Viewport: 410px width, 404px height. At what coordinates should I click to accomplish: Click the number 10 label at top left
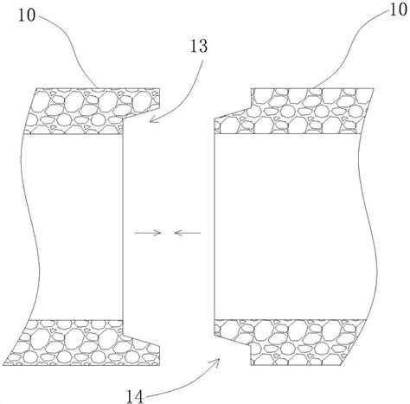[27, 16]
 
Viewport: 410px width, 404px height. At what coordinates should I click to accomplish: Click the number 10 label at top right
[398, 10]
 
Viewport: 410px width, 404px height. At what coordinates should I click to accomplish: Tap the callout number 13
[199, 46]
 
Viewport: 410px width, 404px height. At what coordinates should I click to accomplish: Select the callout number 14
[135, 396]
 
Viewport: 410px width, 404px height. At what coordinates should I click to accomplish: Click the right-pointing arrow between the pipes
[148, 233]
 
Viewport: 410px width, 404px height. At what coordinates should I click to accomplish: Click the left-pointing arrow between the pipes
[188, 233]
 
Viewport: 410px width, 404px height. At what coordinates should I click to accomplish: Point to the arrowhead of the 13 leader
[152, 120]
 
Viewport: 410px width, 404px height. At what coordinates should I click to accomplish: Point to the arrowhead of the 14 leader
[218, 361]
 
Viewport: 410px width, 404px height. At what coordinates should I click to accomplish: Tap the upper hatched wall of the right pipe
[291, 111]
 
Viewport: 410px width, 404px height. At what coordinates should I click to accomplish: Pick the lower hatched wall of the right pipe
[291, 343]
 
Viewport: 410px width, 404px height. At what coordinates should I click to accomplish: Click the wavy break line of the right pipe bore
[369, 227]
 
